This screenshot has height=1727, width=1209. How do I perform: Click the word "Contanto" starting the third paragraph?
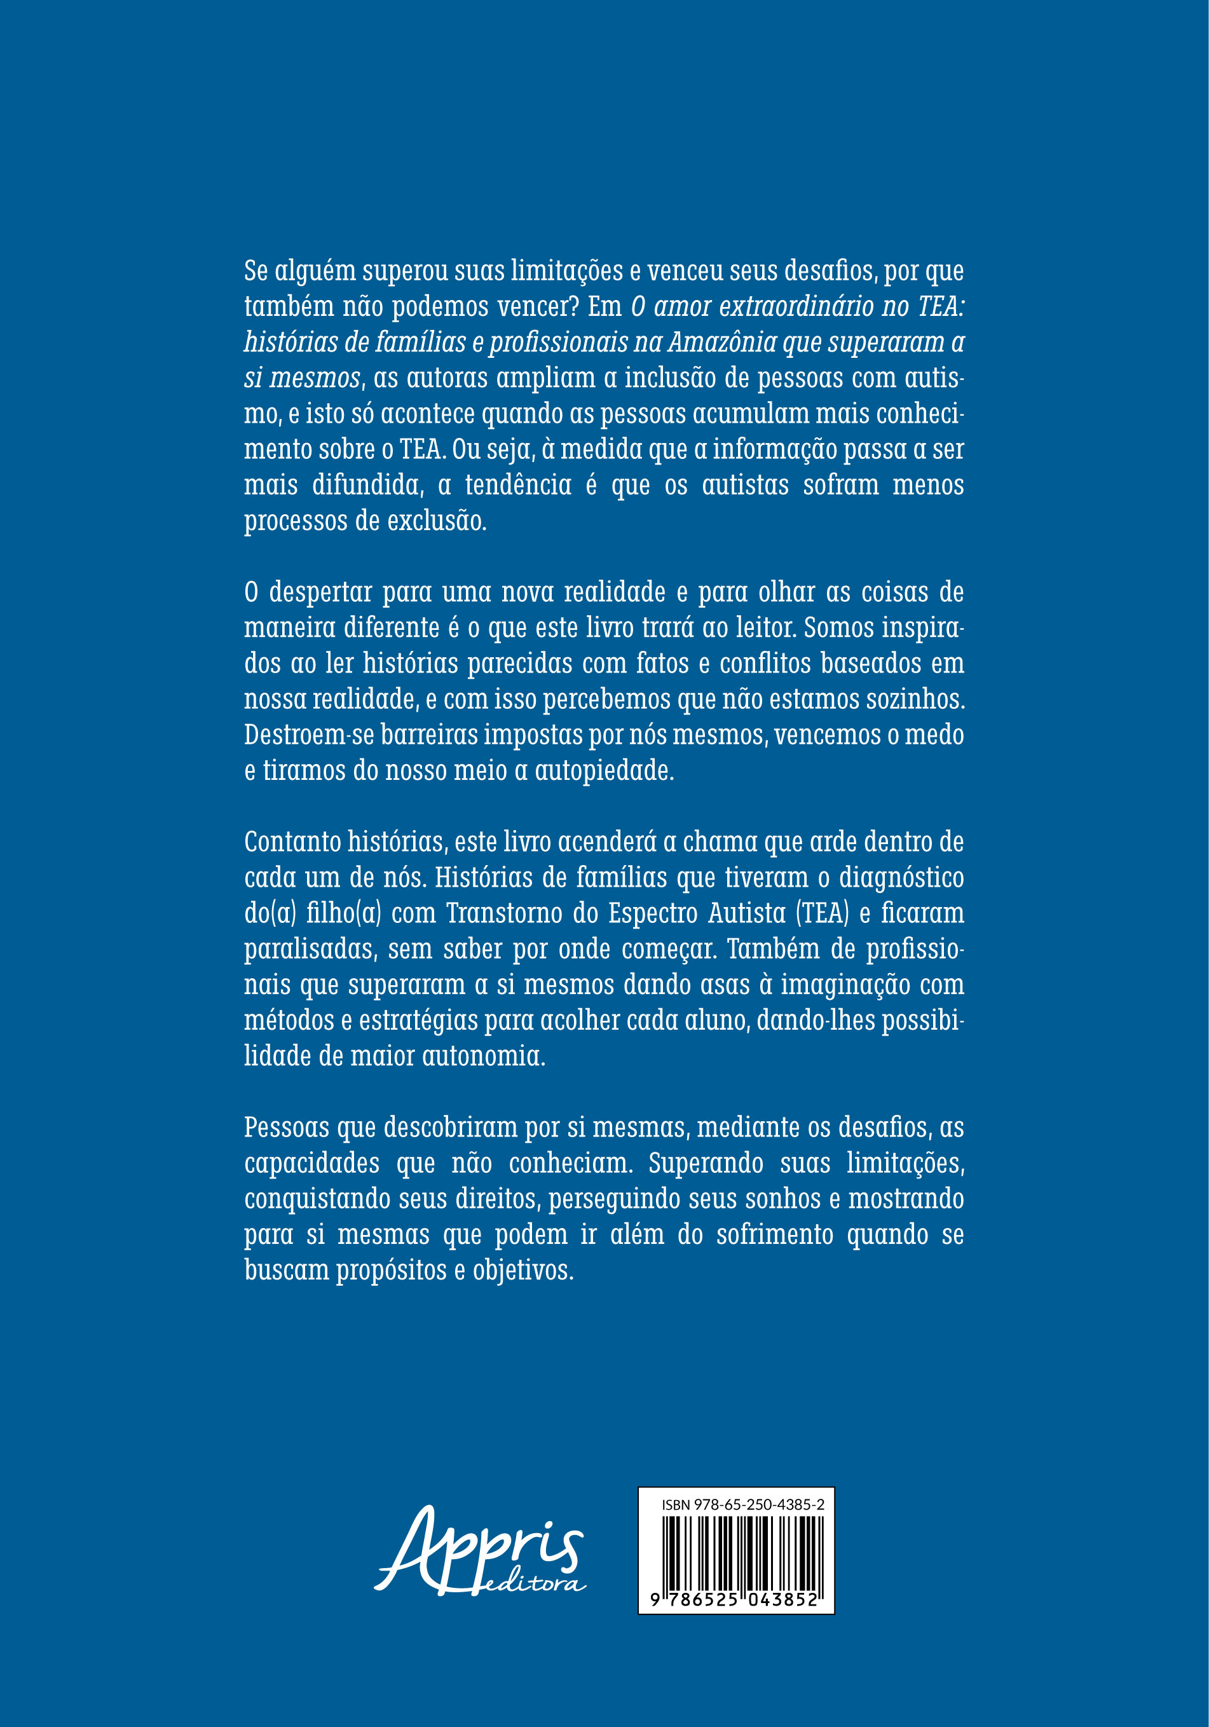[x=292, y=842]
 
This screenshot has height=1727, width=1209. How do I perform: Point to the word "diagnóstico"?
[x=901, y=878]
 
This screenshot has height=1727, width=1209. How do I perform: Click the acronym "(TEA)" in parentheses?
[x=823, y=913]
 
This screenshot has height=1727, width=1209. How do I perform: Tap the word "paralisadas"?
[x=309, y=949]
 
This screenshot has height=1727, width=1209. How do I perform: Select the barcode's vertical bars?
[x=742, y=1551]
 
